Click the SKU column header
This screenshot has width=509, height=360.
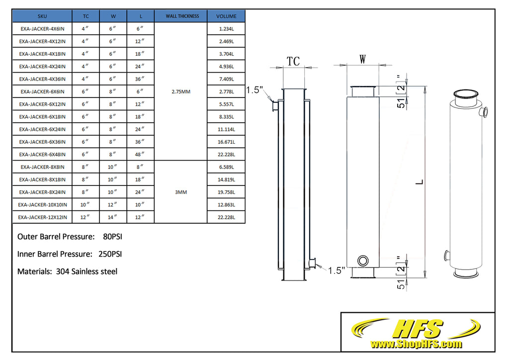coord(42,16)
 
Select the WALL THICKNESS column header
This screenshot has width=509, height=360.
coord(182,16)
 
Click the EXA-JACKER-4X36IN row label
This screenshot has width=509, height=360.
coord(42,79)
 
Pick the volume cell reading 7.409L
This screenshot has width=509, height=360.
coord(226,79)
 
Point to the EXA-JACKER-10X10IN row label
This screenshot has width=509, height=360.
coord(42,204)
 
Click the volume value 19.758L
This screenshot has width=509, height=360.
coord(226,192)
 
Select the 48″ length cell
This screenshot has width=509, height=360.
coord(141,154)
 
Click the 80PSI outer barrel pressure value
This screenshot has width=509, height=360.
coord(112,237)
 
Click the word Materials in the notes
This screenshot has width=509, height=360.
coord(33,271)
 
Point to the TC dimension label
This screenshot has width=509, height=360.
coord(293,61)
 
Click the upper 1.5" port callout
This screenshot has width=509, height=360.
coord(254,90)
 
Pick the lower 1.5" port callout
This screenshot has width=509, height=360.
coord(337,270)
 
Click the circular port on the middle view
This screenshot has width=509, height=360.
coord(363,260)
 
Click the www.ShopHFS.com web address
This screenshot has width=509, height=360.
coord(416,344)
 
